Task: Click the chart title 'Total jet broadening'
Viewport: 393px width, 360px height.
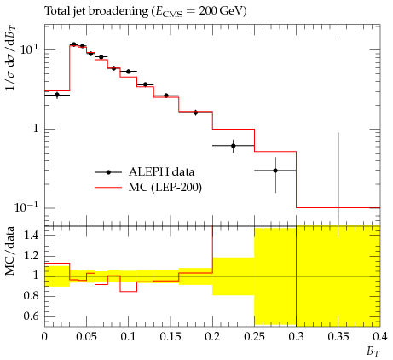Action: pyautogui.click(x=96, y=11)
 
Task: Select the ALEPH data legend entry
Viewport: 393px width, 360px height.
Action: pyautogui.click(x=145, y=172)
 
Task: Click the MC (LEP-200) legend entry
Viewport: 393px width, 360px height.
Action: pyautogui.click(x=148, y=188)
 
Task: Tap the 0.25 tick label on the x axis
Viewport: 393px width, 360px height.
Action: pyautogui.click(x=254, y=337)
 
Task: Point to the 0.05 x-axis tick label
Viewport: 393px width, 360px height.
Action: pyautogui.click(x=86, y=337)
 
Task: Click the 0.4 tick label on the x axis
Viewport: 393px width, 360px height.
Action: pyautogui.click(x=380, y=337)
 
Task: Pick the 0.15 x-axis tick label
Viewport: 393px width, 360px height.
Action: pyautogui.click(x=170, y=337)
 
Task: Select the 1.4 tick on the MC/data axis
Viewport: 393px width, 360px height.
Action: pyautogui.click(x=32, y=235)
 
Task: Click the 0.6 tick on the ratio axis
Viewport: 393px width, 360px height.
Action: pyautogui.click(x=32, y=316)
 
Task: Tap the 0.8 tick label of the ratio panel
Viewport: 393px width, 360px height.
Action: pyautogui.click(x=32, y=296)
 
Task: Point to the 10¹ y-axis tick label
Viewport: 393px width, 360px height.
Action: pyautogui.click(x=29, y=49)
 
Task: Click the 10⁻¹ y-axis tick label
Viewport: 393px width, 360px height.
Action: pyautogui.click(x=26, y=207)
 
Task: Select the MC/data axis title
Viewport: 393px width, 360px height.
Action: pyautogui.click(x=9, y=251)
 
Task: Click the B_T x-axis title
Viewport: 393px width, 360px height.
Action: pyautogui.click(x=373, y=351)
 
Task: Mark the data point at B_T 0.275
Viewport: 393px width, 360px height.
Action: pyautogui.click(x=275, y=171)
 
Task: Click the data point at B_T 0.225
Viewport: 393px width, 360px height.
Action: pyautogui.click(x=234, y=146)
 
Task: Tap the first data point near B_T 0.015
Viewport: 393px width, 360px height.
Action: pyautogui.click(x=57, y=95)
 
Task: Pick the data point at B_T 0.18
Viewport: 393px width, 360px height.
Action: pyautogui.click(x=195, y=113)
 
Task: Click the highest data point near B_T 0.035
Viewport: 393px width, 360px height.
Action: pyautogui.click(x=74, y=44)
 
